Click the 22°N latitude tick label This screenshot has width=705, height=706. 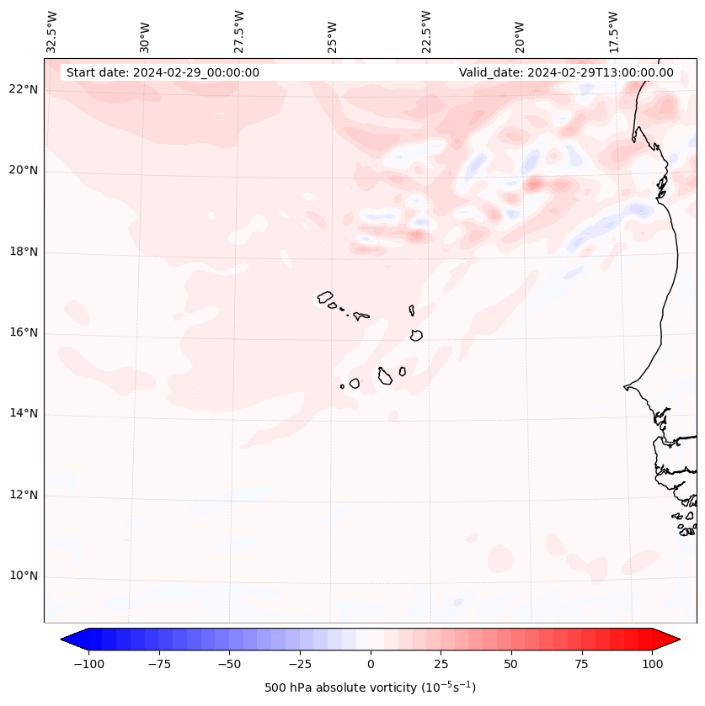pos(24,90)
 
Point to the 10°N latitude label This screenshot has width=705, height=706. pos(24,576)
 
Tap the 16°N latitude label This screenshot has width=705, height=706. pos(24,333)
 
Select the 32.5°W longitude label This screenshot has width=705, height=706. pos(52,32)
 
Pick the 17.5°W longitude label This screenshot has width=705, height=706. pos(613,32)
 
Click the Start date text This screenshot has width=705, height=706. pos(163,72)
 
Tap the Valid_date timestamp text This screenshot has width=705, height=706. pos(566,72)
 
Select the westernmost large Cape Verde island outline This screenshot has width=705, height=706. pos(325,297)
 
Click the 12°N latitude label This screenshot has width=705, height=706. pos(24,496)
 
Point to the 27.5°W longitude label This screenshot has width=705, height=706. pos(239,32)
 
